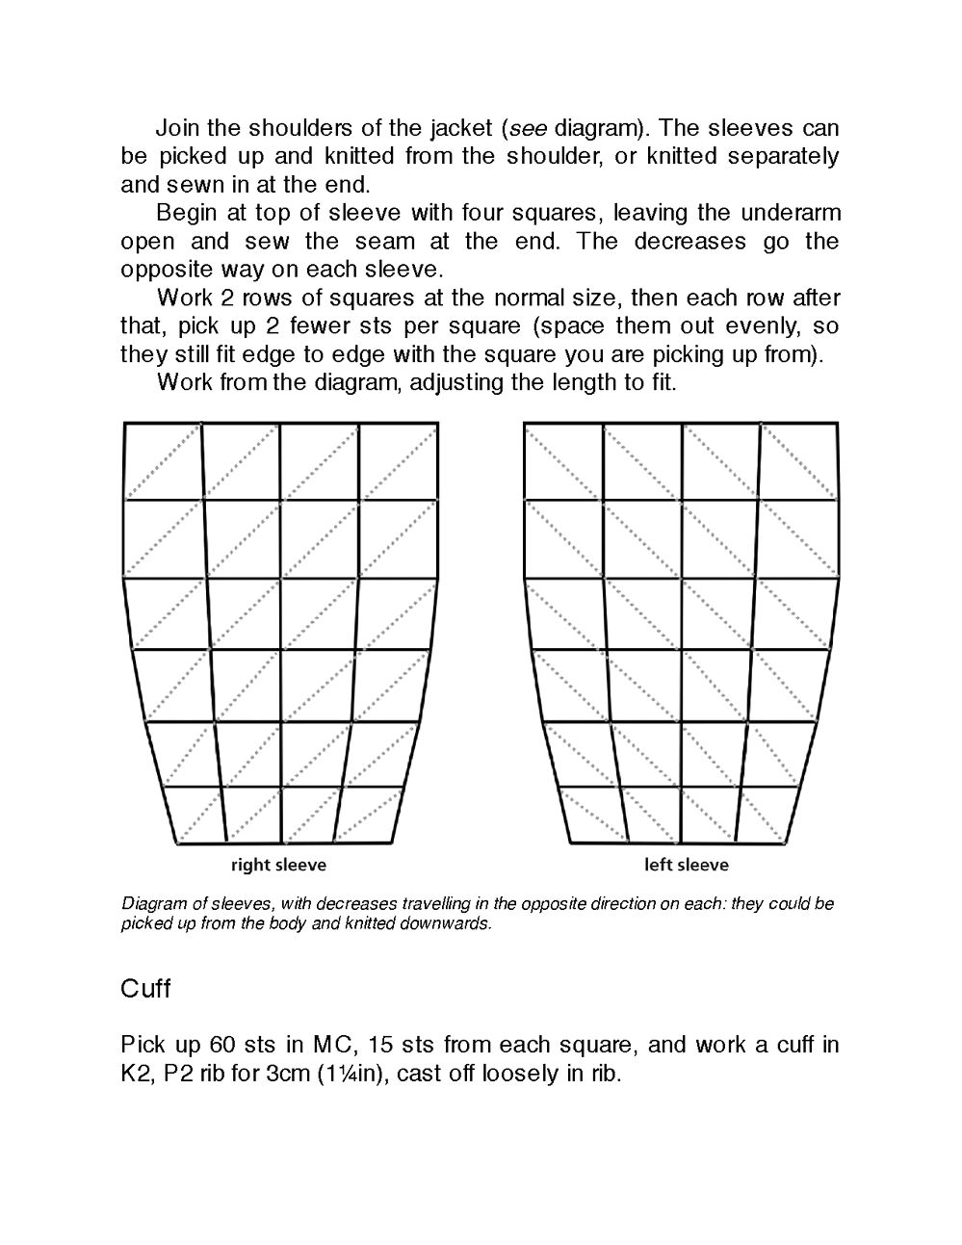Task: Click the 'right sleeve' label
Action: tap(278, 865)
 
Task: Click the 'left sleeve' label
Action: tap(686, 865)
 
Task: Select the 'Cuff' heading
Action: tap(145, 989)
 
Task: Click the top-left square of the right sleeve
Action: tap(164, 461)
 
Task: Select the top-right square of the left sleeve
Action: tap(798, 461)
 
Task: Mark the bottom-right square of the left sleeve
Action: tap(768, 816)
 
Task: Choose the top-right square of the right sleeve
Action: tap(399, 461)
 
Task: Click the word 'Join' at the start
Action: tap(177, 128)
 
